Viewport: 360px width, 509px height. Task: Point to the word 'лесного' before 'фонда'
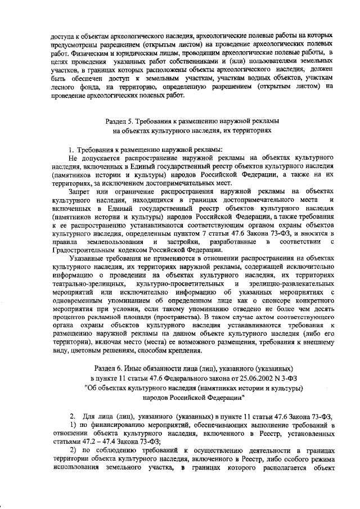[x=65, y=86]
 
